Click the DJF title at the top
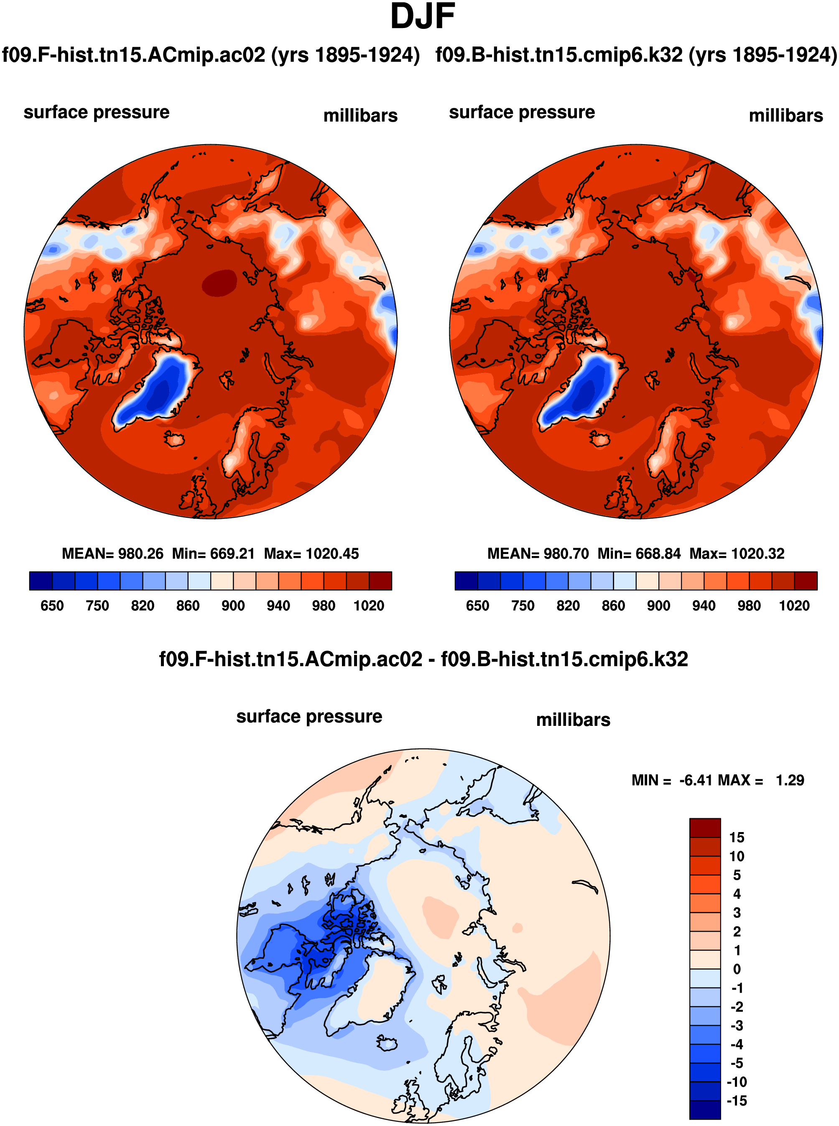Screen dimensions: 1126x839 click(422, 17)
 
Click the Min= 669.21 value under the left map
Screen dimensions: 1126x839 click(213, 554)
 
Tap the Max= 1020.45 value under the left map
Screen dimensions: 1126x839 click(311, 554)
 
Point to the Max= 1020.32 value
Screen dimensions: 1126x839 click(737, 554)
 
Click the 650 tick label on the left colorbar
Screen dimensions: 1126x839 click(52, 605)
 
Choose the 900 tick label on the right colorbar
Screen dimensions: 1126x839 click(658, 605)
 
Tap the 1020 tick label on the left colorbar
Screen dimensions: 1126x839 click(369, 605)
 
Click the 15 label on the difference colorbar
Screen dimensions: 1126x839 click(737, 837)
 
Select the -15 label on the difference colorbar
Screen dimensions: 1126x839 click(737, 1100)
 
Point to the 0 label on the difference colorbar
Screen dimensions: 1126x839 click(737, 969)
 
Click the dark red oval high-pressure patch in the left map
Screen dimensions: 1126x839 click(219, 282)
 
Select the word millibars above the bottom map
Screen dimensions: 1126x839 click(573, 720)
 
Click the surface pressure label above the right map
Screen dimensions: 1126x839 click(522, 112)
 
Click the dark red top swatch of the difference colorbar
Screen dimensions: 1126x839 click(705, 827)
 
